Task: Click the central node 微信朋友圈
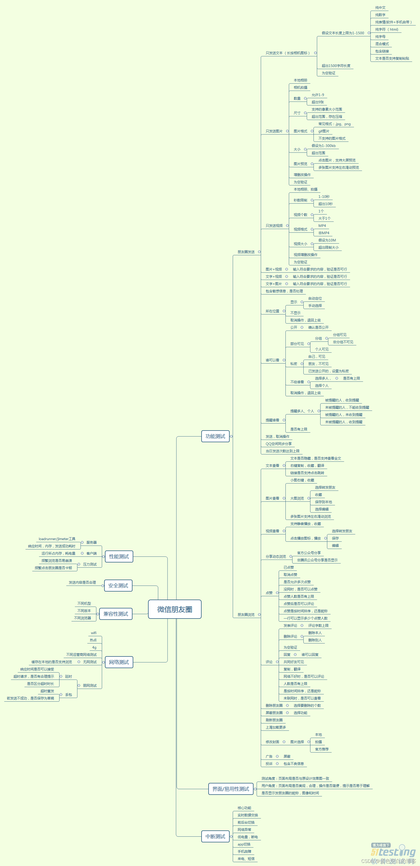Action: click(175, 609)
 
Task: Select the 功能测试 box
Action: click(215, 436)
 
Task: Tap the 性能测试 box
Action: click(119, 556)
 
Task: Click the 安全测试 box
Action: click(118, 585)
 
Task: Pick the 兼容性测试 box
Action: click(116, 614)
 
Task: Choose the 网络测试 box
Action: click(119, 662)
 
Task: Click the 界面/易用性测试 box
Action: click(231, 789)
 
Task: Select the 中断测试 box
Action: click(215, 836)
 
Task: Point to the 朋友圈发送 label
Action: click(246, 252)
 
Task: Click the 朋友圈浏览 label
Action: click(246, 615)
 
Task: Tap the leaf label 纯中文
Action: click(380, 7)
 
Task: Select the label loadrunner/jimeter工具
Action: click(57, 539)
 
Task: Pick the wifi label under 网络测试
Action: click(94, 633)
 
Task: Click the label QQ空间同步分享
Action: click(278, 444)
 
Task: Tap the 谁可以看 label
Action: click(272, 360)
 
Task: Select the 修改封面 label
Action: click(272, 742)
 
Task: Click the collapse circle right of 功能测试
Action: click(231, 436)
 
